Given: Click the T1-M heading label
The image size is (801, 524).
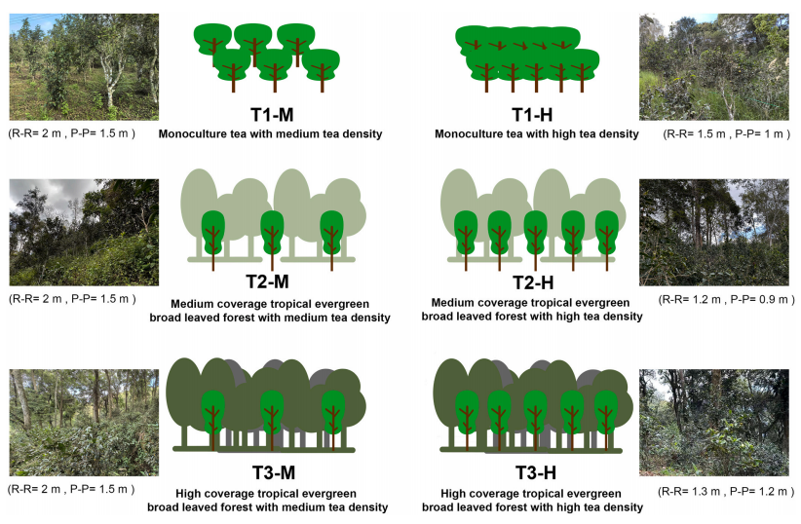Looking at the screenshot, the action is pos(272,114).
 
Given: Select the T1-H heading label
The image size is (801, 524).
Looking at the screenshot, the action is pos(532,114).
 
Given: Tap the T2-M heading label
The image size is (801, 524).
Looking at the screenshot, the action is pos(267,281).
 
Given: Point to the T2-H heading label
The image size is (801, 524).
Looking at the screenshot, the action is pos(533,282).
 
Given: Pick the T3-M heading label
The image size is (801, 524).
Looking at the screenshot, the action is pos(274,472).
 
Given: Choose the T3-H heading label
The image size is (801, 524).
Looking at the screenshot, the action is pos(535,472).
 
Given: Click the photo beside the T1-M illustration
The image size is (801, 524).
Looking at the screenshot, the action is pos(84,67).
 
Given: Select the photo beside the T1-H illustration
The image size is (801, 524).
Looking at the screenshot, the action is pos(714,67).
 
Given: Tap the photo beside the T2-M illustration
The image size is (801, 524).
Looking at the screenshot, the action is pos(84,233).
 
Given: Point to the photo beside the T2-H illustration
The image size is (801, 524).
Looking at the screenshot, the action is pos(714,233).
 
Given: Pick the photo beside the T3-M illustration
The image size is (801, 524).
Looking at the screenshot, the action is pos(84,423).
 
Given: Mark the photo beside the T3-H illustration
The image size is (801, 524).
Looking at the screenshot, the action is pos(714,423).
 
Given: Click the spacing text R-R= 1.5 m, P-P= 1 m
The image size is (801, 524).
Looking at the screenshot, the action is pos(726,134).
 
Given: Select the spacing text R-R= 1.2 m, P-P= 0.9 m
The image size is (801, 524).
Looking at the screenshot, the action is pos(726,300).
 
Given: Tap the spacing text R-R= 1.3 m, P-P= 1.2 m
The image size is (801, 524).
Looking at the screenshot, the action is pos(726,492).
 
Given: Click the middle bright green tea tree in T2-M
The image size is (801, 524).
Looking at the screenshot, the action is pos(272,239).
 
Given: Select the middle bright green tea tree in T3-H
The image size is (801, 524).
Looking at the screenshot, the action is pos(535,420).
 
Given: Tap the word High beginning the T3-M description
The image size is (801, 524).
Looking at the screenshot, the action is pos(188,494).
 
